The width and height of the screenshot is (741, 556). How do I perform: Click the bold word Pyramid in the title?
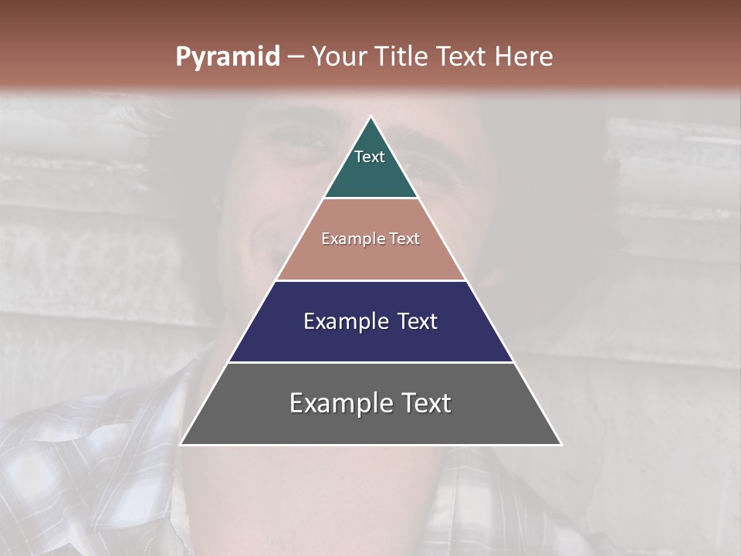(x=227, y=57)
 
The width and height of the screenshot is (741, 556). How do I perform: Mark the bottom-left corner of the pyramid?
(x=181, y=444)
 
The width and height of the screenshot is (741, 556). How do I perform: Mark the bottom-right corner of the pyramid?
(x=560, y=444)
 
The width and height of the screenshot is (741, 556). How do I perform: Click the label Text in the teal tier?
(x=370, y=157)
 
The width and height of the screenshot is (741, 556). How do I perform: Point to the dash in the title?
(x=296, y=57)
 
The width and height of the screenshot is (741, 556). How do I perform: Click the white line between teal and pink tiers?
(x=370, y=198)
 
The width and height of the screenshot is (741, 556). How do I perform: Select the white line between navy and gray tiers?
(x=370, y=362)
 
